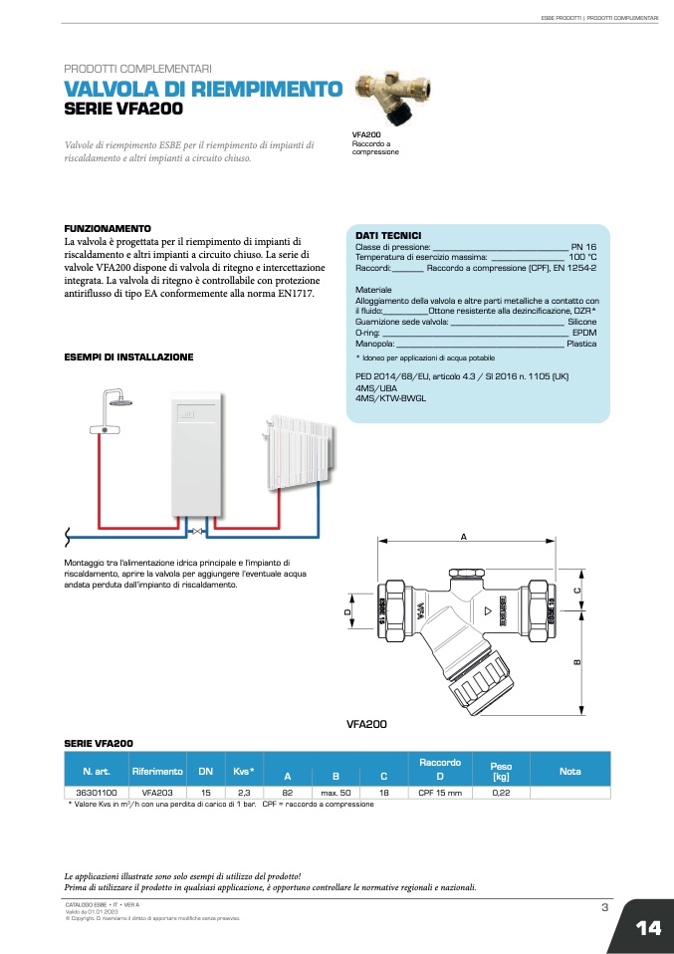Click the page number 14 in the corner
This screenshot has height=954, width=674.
(x=648, y=928)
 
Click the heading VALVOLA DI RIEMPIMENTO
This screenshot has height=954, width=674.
(x=203, y=90)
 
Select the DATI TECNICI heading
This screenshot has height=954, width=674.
(x=388, y=235)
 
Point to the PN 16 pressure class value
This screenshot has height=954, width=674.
(x=583, y=246)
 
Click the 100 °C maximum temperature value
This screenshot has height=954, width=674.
(x=582, y=257)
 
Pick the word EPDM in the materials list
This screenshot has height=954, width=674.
(x=584, y=333)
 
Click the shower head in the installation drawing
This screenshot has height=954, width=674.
(x=122, y=405)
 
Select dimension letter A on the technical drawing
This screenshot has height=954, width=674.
(x=463, y=537)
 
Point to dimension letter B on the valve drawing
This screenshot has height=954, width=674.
(x=576, y=665)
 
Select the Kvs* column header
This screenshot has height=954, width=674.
(x=244, y=771)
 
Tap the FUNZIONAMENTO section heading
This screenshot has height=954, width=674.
(x=108, y=228)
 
